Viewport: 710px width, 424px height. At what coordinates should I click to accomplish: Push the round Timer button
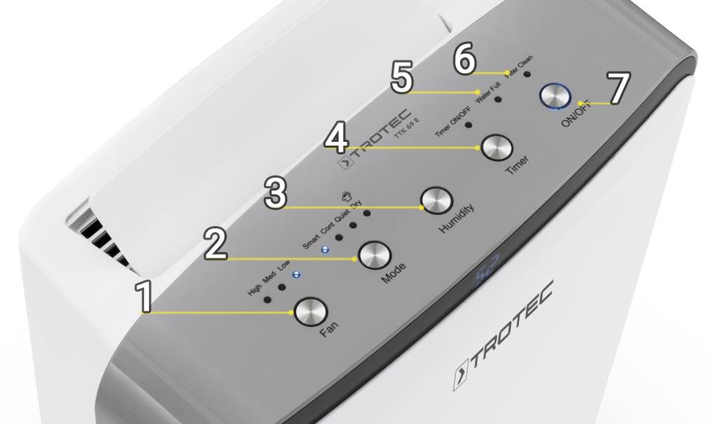pyautogui.click(x=493, y=147)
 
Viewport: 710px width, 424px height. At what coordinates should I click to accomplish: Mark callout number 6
pyautogui.click(x=465, y=60)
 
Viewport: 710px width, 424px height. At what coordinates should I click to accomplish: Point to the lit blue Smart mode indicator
pyautogui.click(x=324, y=249)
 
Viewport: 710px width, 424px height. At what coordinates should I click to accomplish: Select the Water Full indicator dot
pyautogui.click(x=497, y=99)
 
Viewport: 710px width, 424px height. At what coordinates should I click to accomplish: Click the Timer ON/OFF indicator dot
pyautogui.click(x=468, y=124)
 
